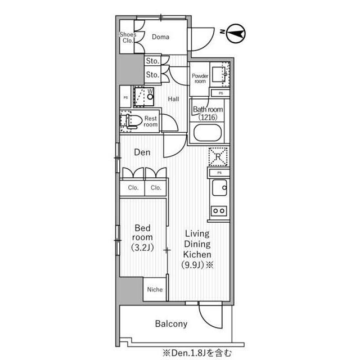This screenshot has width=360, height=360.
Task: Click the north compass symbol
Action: tap(236, 33)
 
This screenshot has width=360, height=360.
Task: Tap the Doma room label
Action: tap(160, 37)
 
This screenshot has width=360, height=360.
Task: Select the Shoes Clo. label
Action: tap(128, 38)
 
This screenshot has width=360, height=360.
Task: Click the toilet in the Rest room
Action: tap(131, 121)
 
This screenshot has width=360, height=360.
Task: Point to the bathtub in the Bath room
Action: tap(208, 133)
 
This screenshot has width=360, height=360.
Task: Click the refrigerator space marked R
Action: tap(218, 157)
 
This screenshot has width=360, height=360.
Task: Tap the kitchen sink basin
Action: tap(219, 187)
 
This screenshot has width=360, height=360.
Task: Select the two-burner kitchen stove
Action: tap(219, 210)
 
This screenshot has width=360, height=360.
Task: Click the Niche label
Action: tap(155, 290)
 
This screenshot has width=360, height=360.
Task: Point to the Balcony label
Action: tap(171, 324)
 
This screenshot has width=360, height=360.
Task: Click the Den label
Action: tap(142, 152)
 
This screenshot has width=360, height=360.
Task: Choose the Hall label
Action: tap(173, 99)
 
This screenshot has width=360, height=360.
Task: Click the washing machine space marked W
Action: tap(144, 97)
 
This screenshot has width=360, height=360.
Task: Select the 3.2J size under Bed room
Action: tap(142, 247)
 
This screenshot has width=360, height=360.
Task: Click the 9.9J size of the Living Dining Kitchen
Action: tap(193, 265)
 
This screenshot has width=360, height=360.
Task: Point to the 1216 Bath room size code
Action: tap(208, 118)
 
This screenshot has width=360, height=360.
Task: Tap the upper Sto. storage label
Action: tap(152, 61)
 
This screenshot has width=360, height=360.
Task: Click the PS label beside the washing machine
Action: tap(125, 97)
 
